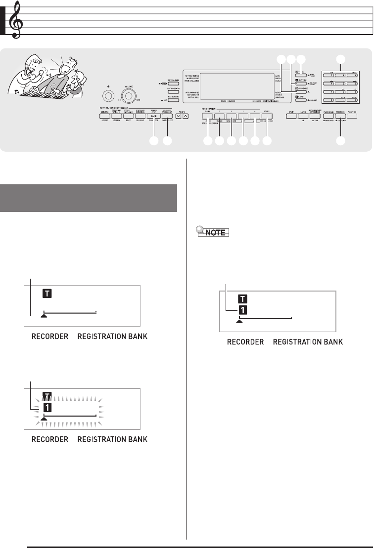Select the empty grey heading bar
point(94,197)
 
